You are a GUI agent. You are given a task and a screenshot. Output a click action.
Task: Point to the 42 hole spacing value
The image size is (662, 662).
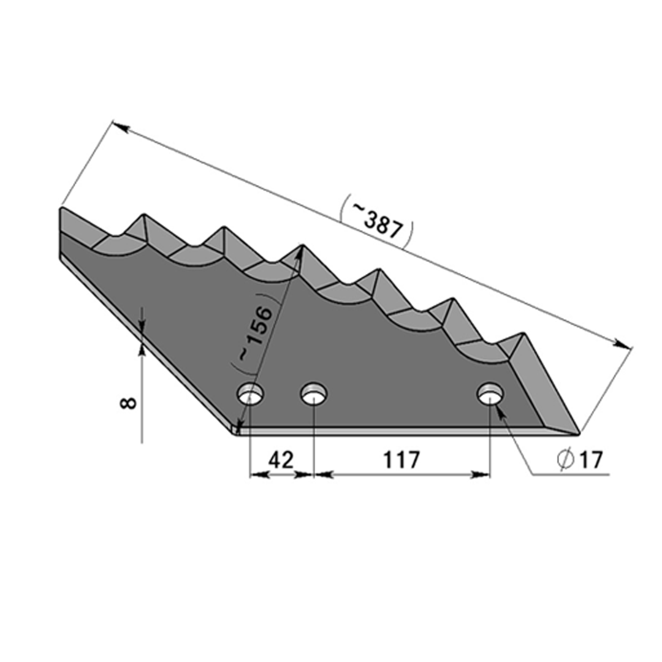point(281,460)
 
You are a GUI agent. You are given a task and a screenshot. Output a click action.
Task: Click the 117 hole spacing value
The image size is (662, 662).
point(401,460)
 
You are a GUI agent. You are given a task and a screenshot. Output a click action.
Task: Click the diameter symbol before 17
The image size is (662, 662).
point(566,460)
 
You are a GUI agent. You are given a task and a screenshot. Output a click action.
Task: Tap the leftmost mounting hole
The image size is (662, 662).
point(250,394)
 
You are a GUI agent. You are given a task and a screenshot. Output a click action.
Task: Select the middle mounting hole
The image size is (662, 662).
point(314,394)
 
